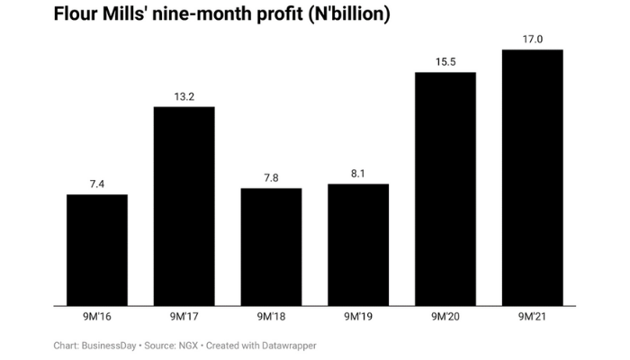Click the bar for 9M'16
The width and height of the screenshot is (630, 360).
click(97, 249)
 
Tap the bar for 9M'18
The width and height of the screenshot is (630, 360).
click(271, 247)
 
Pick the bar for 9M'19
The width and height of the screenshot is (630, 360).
click(358, 245)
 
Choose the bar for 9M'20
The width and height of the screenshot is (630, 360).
click(445, 188)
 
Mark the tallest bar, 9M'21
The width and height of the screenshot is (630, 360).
click(532, 177)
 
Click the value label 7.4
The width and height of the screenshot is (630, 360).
click(97, 184)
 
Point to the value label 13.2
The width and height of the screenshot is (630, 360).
click(184, 96)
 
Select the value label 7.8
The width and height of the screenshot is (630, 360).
click(271, 178)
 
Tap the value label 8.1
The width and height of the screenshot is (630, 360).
click(358, 174)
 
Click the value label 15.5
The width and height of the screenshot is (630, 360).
click(445, 61)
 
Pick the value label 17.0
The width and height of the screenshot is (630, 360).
click(532, 39)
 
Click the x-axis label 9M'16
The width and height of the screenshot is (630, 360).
click(97, 317)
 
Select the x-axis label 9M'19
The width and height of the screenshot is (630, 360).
click(358, 317)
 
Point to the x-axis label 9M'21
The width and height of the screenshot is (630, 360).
click(532, 317)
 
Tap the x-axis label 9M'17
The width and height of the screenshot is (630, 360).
click(184, 317)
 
